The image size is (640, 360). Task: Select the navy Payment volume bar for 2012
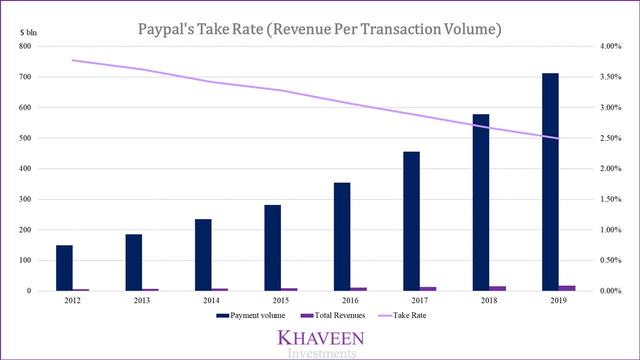(x=64, y=268)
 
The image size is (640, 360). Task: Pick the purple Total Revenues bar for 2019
(x=567, y=288)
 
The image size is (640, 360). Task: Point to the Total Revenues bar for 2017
(x=428, y=288)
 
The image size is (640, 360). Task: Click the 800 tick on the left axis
(x=25, y=46)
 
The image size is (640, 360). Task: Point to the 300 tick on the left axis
(x=25, y=199)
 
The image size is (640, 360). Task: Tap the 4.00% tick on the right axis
(x=610, y=46)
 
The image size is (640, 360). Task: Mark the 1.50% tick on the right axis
(x=610, y=199)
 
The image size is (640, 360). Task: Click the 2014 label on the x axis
(x=211, y=301)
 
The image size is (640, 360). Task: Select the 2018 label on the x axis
(x=489, y=301)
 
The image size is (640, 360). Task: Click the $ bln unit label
(x=28, y=33)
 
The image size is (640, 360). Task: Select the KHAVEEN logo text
(x=320, y=337)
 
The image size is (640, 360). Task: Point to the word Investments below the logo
(x=322, y=353)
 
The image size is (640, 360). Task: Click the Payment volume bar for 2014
(x=203, y=255)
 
